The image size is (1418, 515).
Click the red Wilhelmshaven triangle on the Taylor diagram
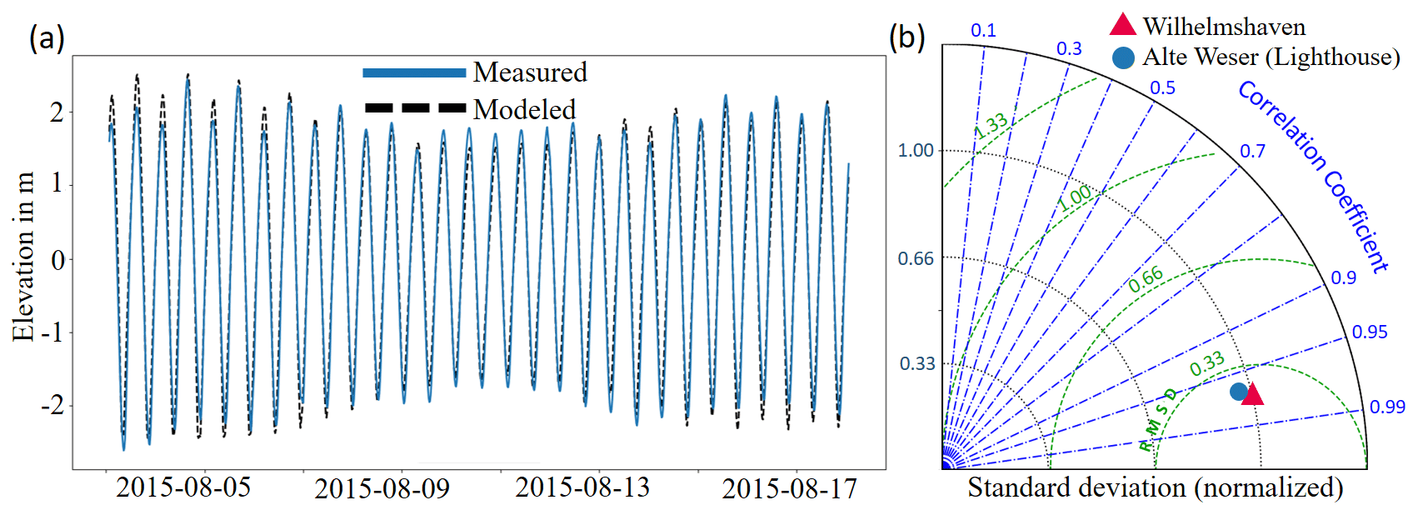[1252, 394]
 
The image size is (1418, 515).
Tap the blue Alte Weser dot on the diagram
[1239, 391]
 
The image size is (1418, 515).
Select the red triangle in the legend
[1123, 26]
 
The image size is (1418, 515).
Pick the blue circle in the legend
[1123, 57]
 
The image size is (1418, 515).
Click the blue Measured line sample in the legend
[414, 73]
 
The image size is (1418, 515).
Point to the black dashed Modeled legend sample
[414, 108]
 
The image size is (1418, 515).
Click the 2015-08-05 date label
[183, 487]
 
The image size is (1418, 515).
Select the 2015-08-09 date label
[382, 489]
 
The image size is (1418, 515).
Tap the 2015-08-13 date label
[582, 487]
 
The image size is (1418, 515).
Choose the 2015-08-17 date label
[789, 489]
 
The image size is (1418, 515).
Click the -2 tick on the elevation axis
[52, 406]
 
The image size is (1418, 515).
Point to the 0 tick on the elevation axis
[57, 260]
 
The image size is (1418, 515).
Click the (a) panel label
[47, 37]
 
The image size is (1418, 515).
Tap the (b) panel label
[907, 37]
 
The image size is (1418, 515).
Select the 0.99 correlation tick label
[1387, 407]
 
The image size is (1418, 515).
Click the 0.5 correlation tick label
[1162, 88]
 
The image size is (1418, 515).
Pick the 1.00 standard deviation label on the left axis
[916, 150]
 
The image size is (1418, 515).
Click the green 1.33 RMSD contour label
[991, 126]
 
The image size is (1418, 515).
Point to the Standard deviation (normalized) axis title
[1155, 487]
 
